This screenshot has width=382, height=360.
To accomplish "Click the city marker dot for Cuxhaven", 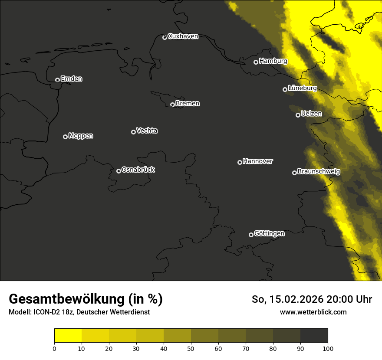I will pyautogui.click(x=165, y=37).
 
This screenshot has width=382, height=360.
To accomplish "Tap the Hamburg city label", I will pyautogui.click(x=273, y=61).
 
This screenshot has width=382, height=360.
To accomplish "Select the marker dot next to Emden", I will pyautogui.click(x=57, y=80).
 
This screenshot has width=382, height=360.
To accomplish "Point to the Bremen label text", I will pyautogui.click(x=188, y=104).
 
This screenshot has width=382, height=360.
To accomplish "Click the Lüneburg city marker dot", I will pyautogui.click(x=285, y=89).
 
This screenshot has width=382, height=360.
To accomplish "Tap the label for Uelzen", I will pyautogui.click(x=311, y=114).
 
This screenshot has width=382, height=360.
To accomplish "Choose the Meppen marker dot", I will pyautogui.click(x=65, y=137).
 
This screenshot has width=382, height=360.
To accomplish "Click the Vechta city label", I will pyautogui.click(x=147, y=131).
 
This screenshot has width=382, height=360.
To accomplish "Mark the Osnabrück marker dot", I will pyautogui.click(x=119, y=171).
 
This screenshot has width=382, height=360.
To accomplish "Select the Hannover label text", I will pyautogui.click(x=258, y=161).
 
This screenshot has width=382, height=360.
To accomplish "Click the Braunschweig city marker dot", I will pyautogui.click(x=294, y=173).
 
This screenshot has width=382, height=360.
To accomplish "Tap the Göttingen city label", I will pyautogui.click(x=269, y=234).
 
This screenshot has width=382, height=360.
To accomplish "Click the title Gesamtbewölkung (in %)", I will pyautogui.click(x=86, y=299).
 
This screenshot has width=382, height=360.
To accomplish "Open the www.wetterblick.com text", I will pyautogui.click(x=313, y=312).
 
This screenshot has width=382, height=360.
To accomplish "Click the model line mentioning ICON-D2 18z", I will pyautogui.click(x=79, y=312).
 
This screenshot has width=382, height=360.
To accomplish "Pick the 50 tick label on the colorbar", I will pyautogui.click(x=191, y=348).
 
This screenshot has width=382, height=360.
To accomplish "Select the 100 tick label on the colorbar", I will pyautogui.click(x=327, y=348).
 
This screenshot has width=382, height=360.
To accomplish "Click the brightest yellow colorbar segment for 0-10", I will pyautogui.click(x=68, y=336).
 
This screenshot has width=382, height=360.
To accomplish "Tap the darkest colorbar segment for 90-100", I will pyautogui.click(x=314, y=336).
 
